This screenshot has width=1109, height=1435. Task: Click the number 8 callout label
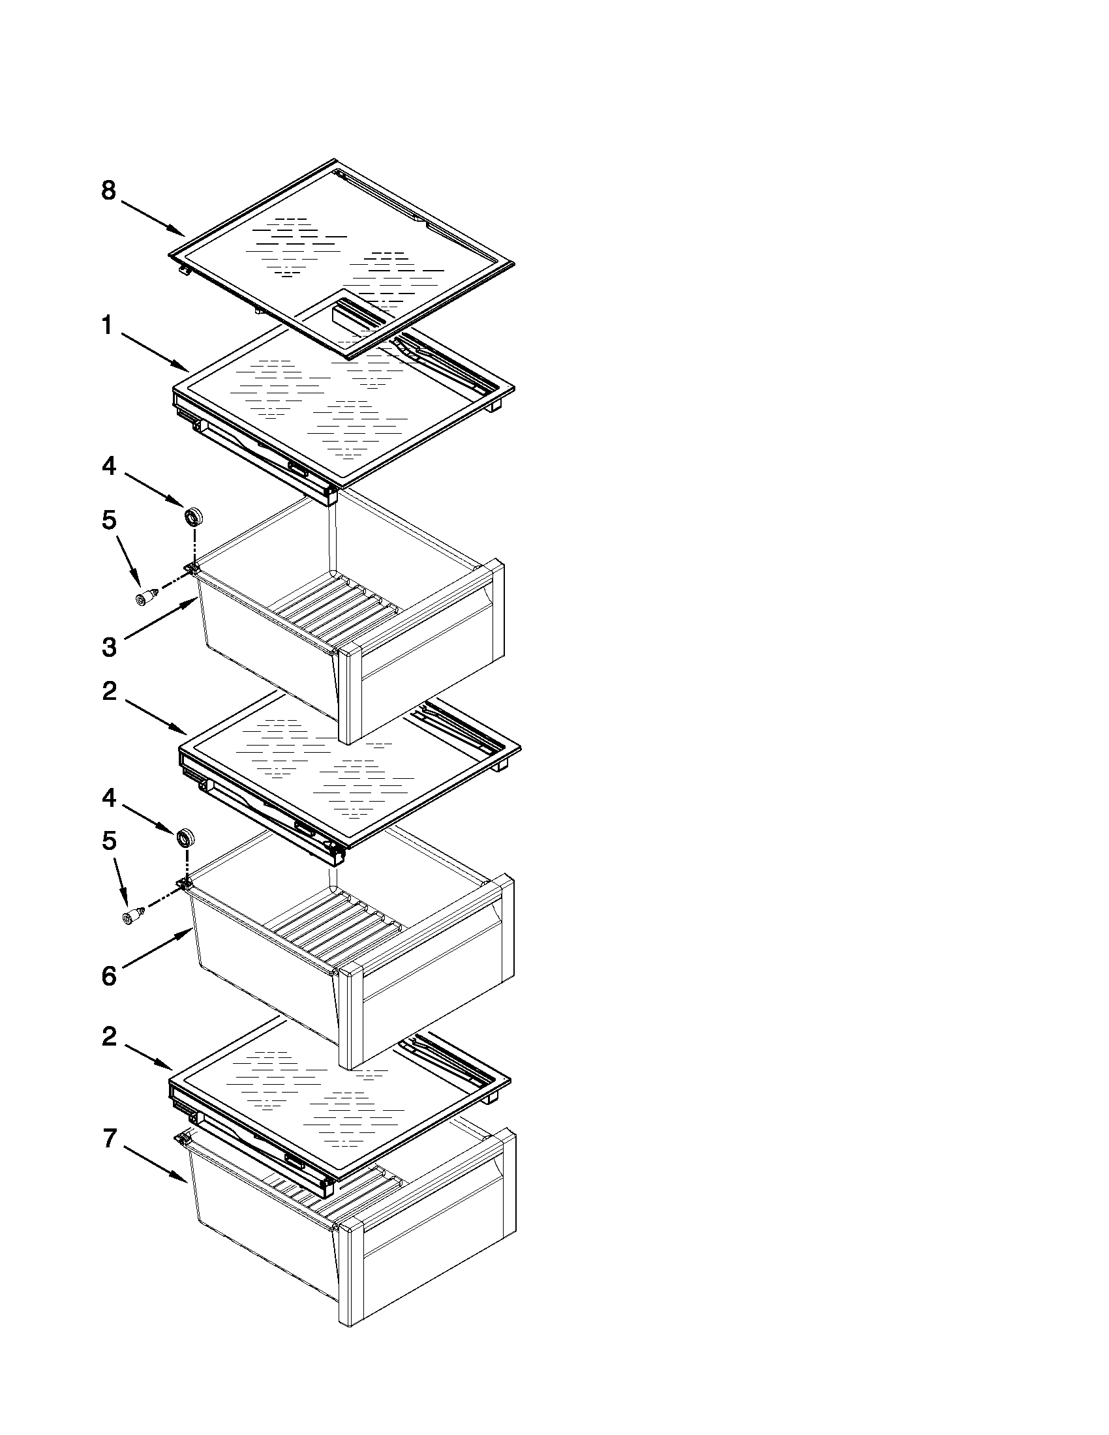point(108,190)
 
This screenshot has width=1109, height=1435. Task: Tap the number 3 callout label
point(109,647)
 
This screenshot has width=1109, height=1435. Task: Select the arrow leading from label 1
point(155,353)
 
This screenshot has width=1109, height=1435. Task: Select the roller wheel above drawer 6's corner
point(186,838)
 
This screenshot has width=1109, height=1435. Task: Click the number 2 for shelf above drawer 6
point(109,691)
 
